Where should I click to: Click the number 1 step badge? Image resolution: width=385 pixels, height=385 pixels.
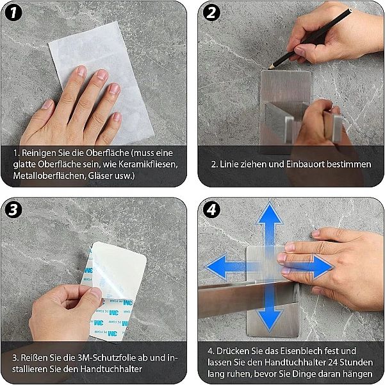pos(13,13)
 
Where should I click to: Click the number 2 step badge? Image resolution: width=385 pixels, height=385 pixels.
pos(211,13)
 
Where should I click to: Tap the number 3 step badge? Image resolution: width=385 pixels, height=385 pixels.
pos(13,210)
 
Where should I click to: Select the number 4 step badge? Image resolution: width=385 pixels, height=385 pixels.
pos(211,210)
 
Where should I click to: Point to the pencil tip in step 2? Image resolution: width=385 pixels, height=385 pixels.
pos(269,67)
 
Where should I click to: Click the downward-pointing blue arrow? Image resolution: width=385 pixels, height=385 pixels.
pos(270,307)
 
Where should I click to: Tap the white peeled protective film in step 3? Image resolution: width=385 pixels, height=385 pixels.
pos(118,268)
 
